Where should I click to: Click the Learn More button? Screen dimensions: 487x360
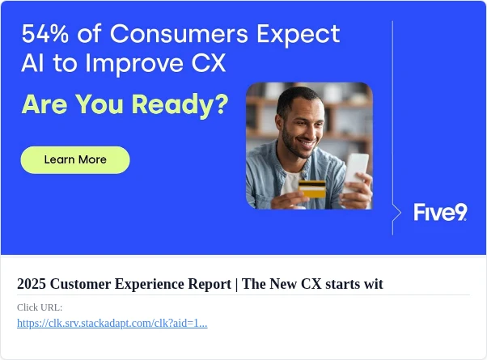[75, 160]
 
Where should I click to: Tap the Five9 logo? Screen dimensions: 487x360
[440, 212]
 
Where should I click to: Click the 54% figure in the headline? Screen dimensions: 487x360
[45, 33]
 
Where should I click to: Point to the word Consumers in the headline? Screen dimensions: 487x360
[179, 33]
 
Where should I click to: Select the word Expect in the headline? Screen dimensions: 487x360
[299, 35]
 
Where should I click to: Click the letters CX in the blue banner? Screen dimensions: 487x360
[209, 63]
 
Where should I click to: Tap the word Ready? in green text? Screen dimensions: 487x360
[180, 105]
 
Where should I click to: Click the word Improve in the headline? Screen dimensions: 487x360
[134, 64]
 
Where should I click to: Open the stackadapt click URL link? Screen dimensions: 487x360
[112, 324]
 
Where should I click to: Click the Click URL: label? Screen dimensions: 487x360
[40, 307]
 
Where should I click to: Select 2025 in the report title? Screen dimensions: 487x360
[32, 284]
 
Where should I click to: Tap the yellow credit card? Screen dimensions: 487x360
[312, 188]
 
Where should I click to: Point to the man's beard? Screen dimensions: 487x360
[294, 145]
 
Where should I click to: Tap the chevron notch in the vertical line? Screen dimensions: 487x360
[397, 213]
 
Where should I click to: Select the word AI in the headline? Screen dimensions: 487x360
[32, 63]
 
